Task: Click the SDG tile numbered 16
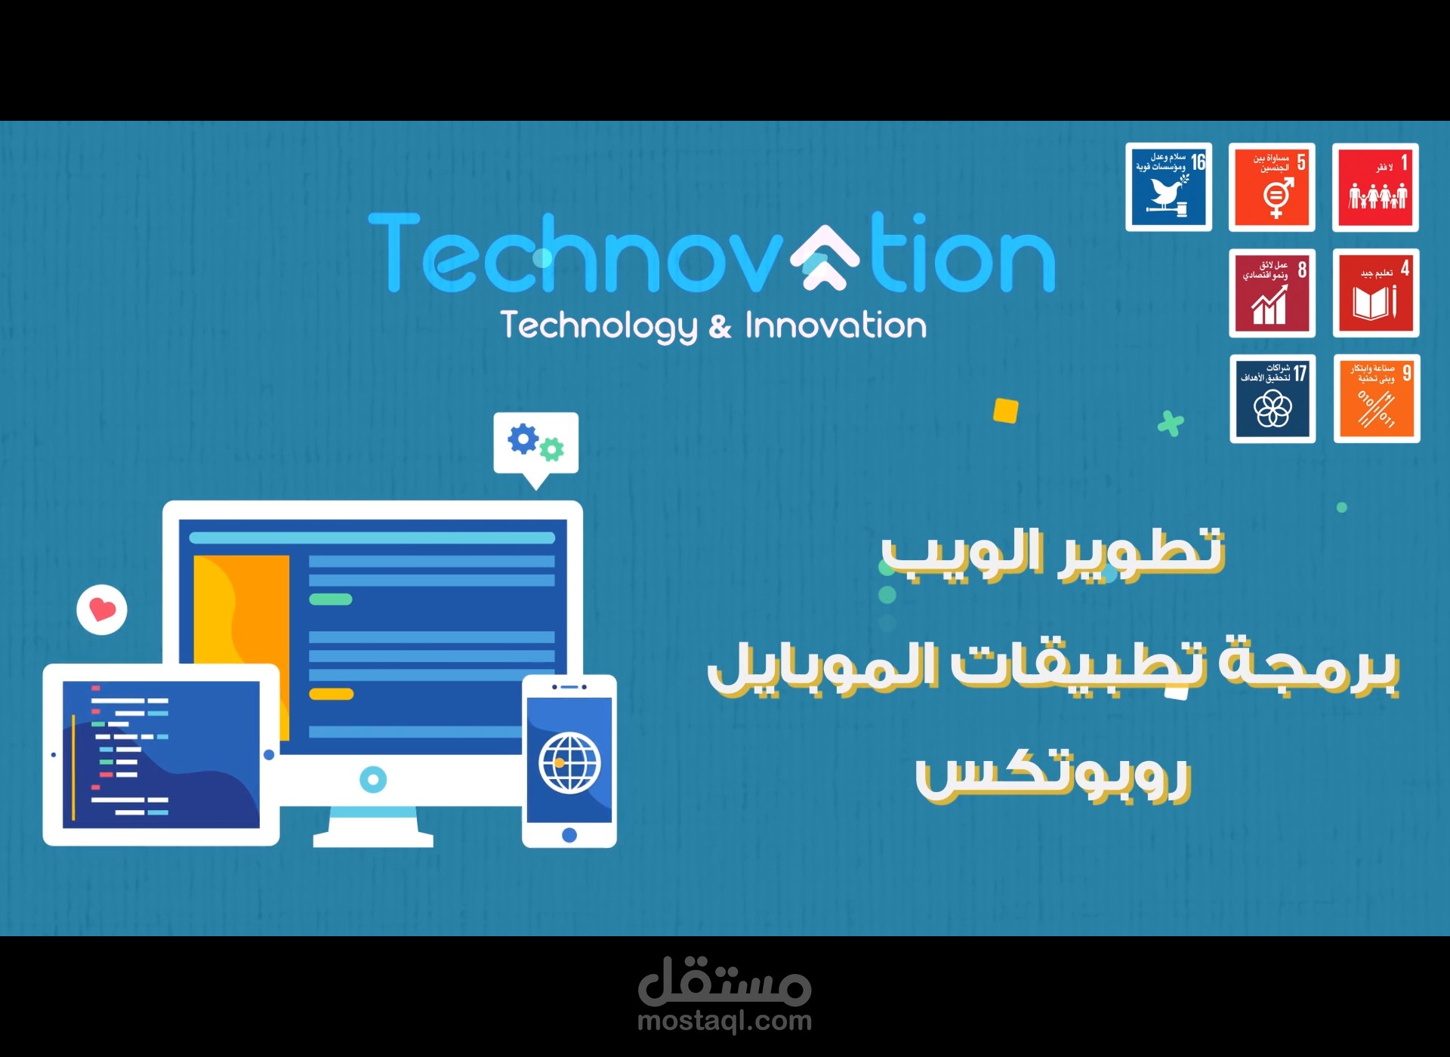point(1168,186)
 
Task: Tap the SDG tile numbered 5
point(1272,186)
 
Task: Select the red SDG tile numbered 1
point(1375,186)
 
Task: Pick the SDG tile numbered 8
point(1272,292)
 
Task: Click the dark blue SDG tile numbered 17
point(1273,398)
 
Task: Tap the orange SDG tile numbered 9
point(1377,398)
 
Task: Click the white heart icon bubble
point(102,609)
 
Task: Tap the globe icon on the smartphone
point(569,762)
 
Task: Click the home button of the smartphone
point(569,835)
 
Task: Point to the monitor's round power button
point(373,779)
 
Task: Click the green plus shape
point(1171,424)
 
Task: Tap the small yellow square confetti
point(1005,411)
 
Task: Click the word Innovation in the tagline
point(835,325)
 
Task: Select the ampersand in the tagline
point(720,327)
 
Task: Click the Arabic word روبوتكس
point(1053,778)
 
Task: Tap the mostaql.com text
point(724,1021)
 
